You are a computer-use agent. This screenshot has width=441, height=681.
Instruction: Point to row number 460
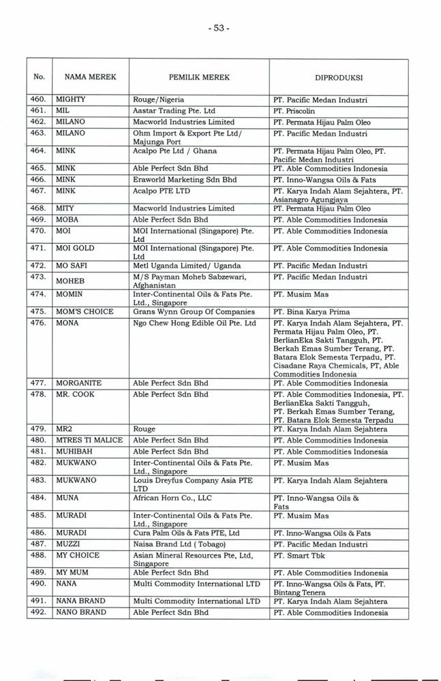(39, 99)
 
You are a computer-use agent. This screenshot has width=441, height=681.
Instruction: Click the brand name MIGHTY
(71, 99)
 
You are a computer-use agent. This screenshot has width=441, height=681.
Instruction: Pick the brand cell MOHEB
(70, 281)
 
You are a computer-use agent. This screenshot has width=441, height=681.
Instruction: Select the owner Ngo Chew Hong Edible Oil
(194, 323)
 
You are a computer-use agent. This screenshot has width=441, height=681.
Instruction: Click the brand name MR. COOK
(75, 394)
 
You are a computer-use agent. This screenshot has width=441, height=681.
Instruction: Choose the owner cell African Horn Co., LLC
(173, 498)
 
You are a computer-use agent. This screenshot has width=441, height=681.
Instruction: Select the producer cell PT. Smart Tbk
(299, 555)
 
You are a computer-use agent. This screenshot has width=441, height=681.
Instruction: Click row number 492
(39, 612)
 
